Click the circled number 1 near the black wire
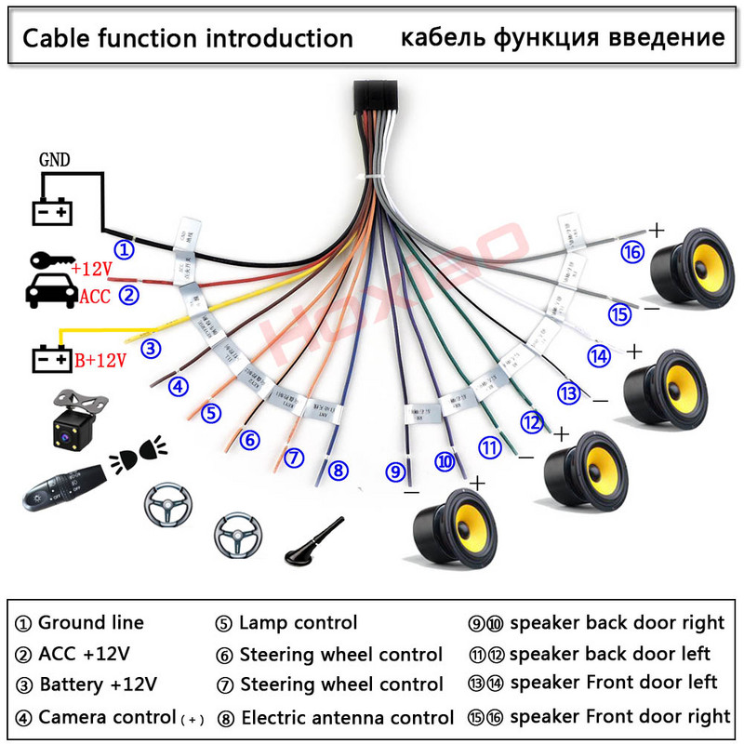click(x=124, y=250)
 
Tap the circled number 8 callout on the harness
click(x=339, y=471)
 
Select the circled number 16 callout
click(x=633, y=253)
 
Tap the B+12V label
click(x=100, y=360)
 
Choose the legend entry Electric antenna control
click(x=347, y=717)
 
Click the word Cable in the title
click(x=54, y=38)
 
